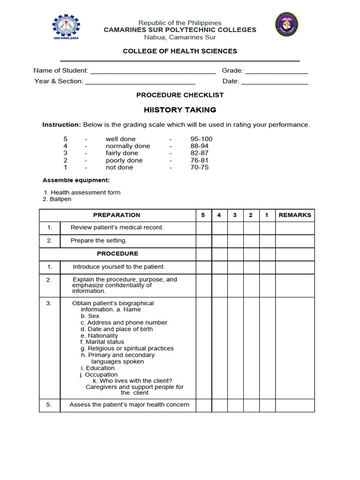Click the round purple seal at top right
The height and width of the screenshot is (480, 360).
(x=286, y=24)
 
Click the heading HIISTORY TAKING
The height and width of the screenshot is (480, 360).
(x=180, y=110)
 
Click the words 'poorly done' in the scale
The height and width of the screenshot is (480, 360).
(x=124, y=160)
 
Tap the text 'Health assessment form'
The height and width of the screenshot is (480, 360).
(x=85, y=193)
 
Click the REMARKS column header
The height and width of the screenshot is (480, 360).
(x=294, y=215)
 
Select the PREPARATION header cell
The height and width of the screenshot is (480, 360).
(x=117, y=215)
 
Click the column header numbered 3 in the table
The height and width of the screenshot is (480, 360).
(x=235, y=215)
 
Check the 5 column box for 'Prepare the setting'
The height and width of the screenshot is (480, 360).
(x=203, y=241)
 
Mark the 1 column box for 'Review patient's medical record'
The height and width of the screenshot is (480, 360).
(x=267, y=228)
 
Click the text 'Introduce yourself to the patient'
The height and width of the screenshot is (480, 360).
(x=119, y=267)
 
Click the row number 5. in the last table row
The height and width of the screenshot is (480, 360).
(x=49, y=405)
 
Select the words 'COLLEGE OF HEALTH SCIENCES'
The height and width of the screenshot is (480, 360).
(x=180, y=51)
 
